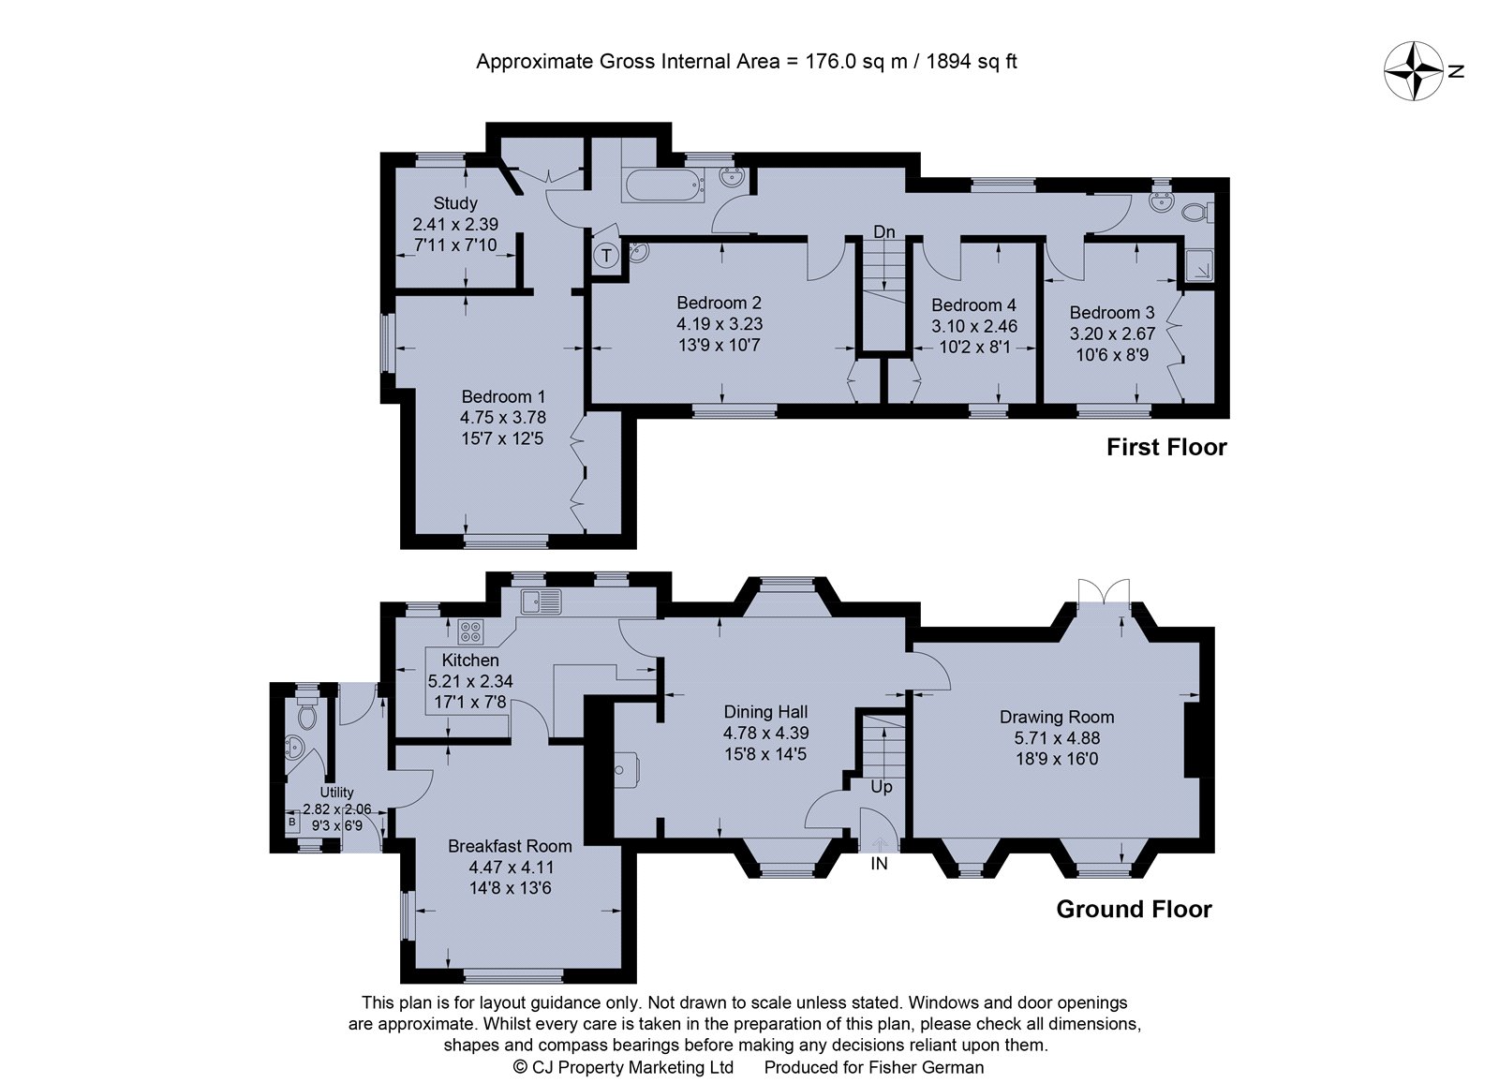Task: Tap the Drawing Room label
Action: (1057, 718)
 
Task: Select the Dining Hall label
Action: (765, 713)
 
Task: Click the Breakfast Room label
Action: (510, 846)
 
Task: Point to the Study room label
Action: (455, 203)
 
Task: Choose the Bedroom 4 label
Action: (973, 305)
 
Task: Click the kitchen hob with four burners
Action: (471, 631)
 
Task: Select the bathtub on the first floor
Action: (662, 185)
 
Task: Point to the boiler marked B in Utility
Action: (291, 823)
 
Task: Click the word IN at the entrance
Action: (879, 864)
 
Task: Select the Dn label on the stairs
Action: (883, 231)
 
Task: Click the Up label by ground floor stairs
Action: (882, 787)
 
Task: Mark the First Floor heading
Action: (1166, 447)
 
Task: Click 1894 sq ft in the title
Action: (972, 62)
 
